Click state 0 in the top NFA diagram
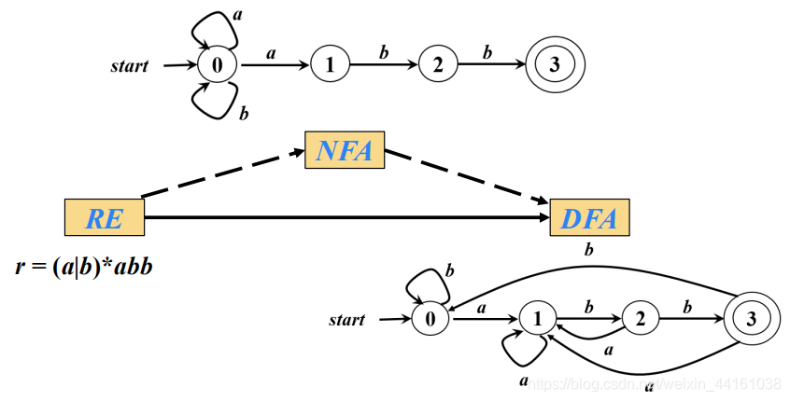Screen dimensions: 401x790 pos(218,65)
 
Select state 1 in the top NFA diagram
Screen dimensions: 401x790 pos(328,65)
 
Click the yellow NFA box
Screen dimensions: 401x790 pos(345,151)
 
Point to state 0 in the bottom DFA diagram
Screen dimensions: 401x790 pos(430,319)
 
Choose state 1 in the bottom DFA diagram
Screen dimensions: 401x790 pos(537,319)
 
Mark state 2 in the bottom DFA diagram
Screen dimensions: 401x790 pos(640,319)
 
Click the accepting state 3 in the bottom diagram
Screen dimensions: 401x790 pos(754,319)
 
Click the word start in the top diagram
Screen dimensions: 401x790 pos(130,66)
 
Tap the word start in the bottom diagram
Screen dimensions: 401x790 pos(346,320)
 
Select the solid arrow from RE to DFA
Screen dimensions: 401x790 pos(346,217)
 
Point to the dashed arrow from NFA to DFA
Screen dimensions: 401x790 pos(467,176)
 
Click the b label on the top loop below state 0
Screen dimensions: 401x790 pos(244,114)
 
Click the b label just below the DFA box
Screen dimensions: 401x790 pos(588,249)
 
